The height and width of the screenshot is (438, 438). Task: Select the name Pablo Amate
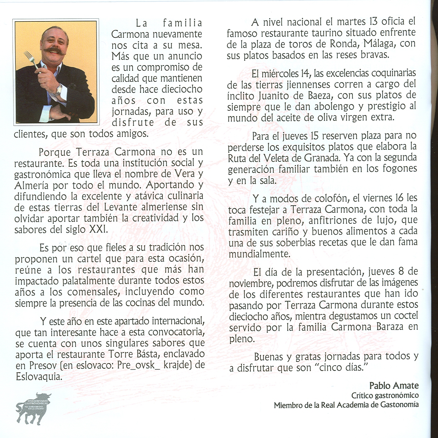[394, 385]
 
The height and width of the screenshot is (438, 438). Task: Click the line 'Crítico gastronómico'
[385, 395]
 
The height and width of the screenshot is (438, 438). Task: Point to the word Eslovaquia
[38, 376]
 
